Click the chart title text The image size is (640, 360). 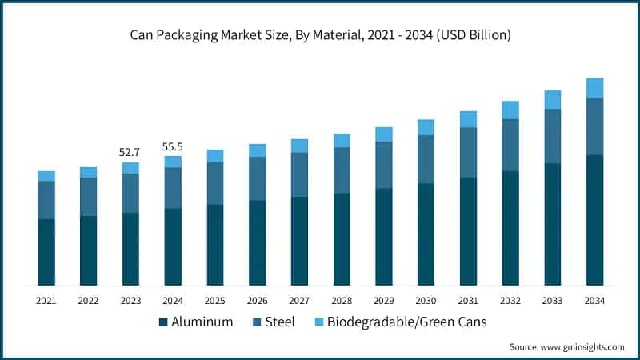click(x=320, y=35)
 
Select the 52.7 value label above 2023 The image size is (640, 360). click(x=130, y=152)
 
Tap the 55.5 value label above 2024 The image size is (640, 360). click(x=173, y=146)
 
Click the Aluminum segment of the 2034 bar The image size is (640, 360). click(x=594, y=220)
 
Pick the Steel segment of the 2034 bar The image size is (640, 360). click(x=594, y=126)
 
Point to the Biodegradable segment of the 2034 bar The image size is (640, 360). click(x=594, y=88)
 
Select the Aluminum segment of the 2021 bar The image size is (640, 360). click(x=46, y=252)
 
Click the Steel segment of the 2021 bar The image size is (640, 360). click(x=46, y=200)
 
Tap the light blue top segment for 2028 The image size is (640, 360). click(x=342, y=141)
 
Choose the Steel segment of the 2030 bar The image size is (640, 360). click(x=426, y=159)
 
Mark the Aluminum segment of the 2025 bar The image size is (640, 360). click(x=215, y=245)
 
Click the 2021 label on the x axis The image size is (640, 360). click(x=46, y=300)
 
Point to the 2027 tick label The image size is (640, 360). click(x=299, y=300)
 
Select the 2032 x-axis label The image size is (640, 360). click(x=510, y=300)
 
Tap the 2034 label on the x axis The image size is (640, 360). click(x=594, y=300)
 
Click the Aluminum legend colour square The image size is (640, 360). click(x=164, y=322)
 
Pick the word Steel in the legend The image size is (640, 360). click(x=280, y=322)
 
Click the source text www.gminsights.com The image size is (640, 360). click(x=566, y=346)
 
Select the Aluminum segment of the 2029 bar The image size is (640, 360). click(x=384, y=237)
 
